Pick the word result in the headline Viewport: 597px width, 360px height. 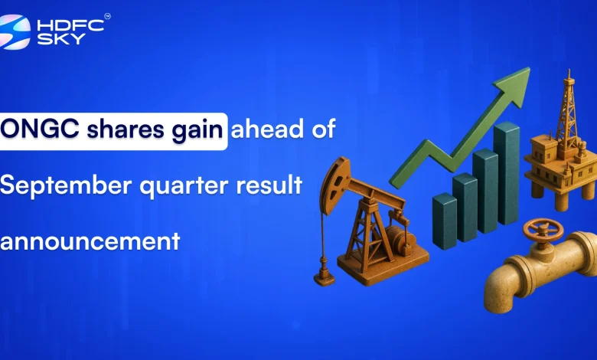[x=268, y=185]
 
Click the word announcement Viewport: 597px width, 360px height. [x=90, y=241]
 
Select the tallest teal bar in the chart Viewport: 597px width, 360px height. [x=506, y=172]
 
